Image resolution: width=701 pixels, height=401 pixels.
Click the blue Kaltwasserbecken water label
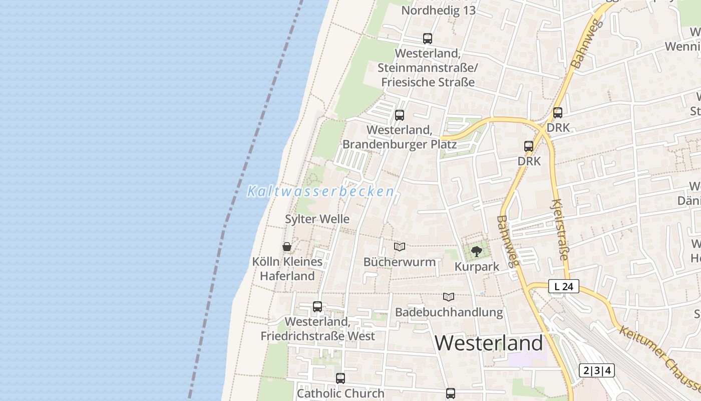(321, 191)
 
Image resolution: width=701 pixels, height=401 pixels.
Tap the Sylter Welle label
(317, 219)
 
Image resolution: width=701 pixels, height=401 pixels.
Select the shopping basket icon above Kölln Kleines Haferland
(287, 247)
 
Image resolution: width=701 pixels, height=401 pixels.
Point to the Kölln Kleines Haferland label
(287, 269)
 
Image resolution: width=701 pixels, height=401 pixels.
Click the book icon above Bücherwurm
(399, 247)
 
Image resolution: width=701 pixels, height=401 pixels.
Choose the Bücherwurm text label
(399, 262)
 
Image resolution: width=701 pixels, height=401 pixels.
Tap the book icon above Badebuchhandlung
(449, 297)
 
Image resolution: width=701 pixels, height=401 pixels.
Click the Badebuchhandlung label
(449, 312)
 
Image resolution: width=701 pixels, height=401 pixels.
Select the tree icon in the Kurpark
(476, 251)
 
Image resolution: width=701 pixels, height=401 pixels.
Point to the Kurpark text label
(477, 267)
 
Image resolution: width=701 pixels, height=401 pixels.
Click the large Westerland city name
(488, 343)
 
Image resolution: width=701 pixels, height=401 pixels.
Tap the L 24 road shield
(563, 287)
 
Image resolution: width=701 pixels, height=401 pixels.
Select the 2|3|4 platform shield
(596, 370)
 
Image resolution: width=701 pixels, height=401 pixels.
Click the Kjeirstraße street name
(559, 230)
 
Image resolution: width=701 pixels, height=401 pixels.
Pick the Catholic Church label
(340, 393)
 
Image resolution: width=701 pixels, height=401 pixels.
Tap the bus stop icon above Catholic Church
(340, 378)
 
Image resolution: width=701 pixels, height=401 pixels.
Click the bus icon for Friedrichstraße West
(317, 307)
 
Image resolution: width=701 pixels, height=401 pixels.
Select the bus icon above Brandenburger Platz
(399, 115)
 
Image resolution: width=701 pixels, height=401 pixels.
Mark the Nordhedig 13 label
(438, 11)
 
